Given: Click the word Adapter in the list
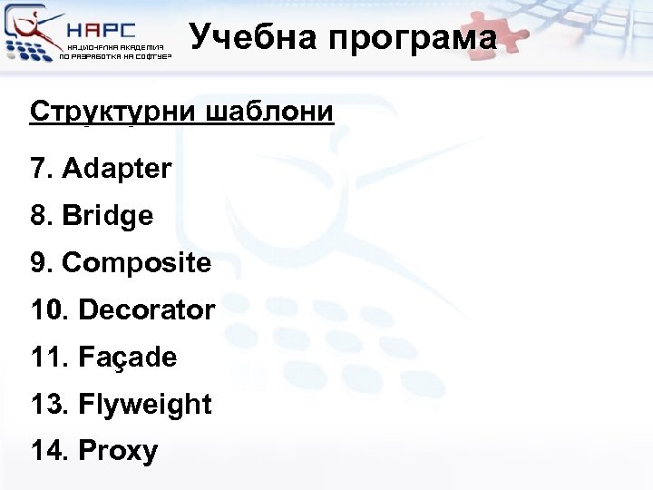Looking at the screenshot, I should click(x=117, y=169).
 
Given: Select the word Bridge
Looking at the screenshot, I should click(x=108, y=216).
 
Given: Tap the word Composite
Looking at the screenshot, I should click(x=136, y=263).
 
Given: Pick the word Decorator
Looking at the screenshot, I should click(x=147, y=310).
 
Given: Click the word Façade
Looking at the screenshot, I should click(x=128, y=358).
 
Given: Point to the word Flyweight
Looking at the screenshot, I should click(x=145, y=405).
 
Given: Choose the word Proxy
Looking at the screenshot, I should click(x=118, y=451).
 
